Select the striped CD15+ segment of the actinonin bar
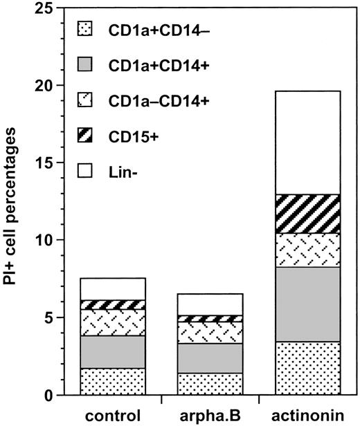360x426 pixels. [307, 214]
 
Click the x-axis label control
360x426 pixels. [112, 416]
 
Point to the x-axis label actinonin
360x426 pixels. [307, 416]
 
